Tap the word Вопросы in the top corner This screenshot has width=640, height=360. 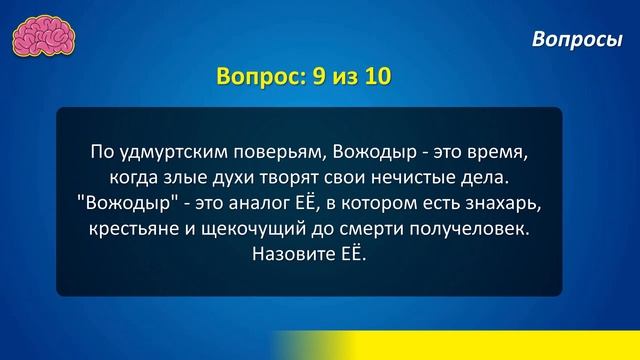[x=578, y=39]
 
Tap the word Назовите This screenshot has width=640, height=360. [x=287, y=257]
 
